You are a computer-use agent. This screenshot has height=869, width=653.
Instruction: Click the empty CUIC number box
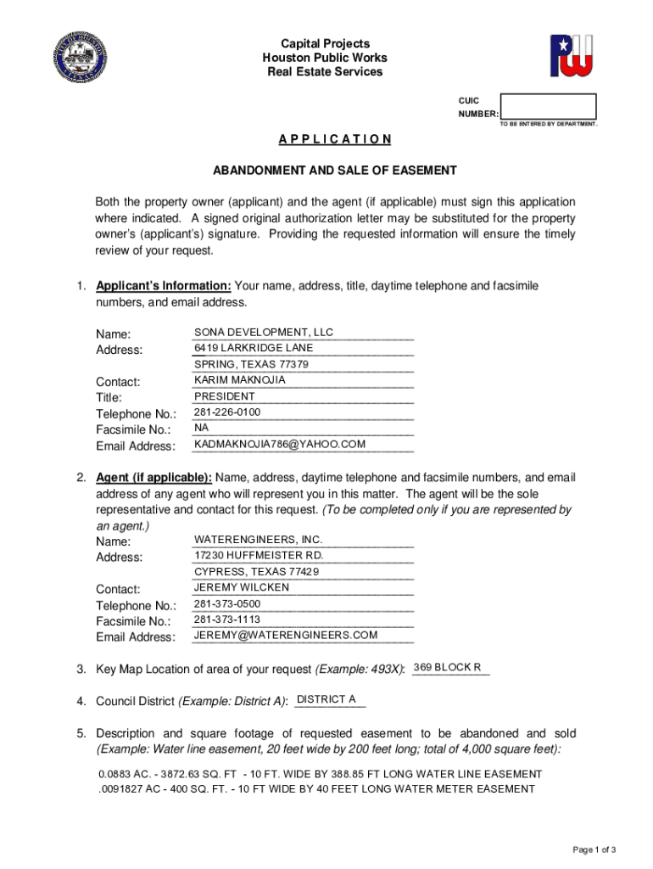(x=548, y=106)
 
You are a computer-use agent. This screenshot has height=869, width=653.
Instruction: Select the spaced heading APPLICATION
(x=335, y=139)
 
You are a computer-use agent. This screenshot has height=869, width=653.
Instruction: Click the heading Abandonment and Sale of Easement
(x=335, y=171)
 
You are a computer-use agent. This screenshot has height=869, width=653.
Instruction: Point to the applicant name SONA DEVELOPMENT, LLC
(x=264, y=332)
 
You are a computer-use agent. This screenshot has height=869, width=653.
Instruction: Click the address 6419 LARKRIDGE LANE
(x=254, y=348)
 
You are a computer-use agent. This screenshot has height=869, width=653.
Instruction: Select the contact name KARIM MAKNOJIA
(x=240, y=380)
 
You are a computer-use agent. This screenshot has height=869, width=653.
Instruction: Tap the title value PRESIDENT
(x=225, y=396)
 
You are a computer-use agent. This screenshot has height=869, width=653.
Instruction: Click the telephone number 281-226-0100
(x=227, y=412)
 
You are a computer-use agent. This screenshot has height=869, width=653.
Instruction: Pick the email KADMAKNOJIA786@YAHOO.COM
(x=280, y=444)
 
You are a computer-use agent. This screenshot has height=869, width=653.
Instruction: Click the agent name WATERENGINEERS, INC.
(x=259, y=540)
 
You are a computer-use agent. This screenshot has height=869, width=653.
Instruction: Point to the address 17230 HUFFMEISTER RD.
(x=259, y=555)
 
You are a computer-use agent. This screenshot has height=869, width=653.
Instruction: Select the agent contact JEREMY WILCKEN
(x=242, y=587)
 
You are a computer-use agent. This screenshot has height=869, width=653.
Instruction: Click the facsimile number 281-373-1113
(x=227, y=620)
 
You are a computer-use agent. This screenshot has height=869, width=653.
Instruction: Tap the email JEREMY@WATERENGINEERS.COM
(x=286, y=635)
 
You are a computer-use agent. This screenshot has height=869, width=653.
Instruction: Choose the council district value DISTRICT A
(x=326, y=699)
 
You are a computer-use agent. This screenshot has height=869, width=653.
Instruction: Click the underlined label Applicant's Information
(x=164, y=286)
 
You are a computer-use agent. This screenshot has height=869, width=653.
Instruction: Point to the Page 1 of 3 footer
(x=594, y=849)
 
